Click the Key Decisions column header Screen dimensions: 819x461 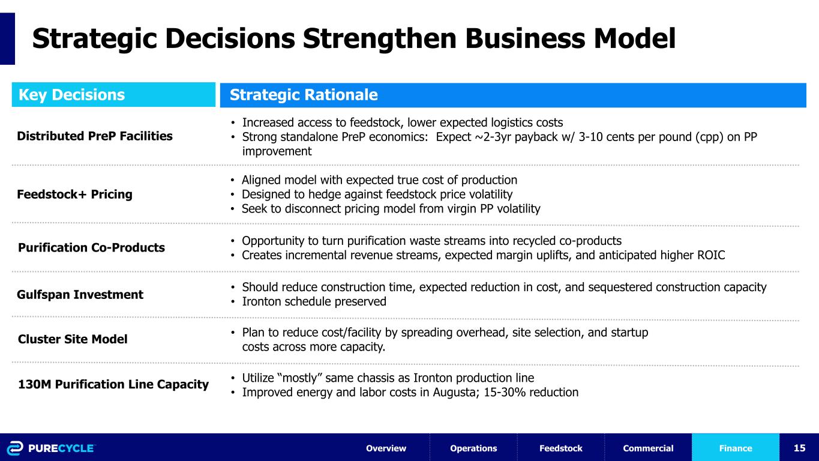click(71, 95)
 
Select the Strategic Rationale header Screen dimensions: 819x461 click(304, 95)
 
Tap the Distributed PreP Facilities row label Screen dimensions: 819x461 click(95, 136)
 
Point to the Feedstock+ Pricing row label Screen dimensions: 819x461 click(74, 194)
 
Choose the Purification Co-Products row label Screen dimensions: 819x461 click(91, 248)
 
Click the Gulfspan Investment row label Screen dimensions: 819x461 click(80, 295)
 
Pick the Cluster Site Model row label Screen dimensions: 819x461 click(73, 339)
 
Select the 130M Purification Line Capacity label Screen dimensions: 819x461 click(113, 384)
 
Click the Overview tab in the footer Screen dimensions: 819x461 click(386, 448)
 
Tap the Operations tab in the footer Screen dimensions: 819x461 click(473, 448)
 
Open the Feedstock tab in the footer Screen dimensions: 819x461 click(561, 448)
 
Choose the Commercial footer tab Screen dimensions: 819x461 click(648, 448)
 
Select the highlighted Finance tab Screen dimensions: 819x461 click(736, 448)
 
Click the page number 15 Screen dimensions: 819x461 click(800, 448)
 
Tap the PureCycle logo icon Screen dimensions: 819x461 click(15, 448)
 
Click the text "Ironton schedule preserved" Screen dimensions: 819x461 click(314, 301)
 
